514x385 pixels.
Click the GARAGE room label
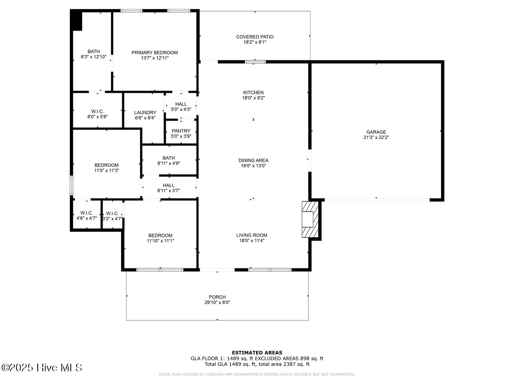coord(376,132)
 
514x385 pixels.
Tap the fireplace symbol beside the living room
coord(310,219)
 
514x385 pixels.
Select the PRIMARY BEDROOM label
coord(154,53)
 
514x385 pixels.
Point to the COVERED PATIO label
coord(254,37)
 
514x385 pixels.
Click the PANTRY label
coord(181,131)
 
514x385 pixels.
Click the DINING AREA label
coord(253,160)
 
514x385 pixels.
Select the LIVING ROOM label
coord(251,235)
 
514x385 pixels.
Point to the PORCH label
coord(217,297)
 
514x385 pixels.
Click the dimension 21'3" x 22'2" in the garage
coord(376,138)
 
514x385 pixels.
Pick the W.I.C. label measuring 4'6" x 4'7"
coord(87,213)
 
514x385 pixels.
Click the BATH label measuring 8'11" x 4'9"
coord(168,158)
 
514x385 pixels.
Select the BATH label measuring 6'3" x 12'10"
coord(93,51)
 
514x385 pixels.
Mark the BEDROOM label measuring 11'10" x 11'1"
coord(160,235)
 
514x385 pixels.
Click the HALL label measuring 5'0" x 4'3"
coord(181,104)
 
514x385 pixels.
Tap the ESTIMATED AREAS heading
coord(257,352)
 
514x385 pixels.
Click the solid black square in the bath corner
coord(77,21)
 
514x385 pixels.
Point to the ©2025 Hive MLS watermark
coord(42,367)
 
